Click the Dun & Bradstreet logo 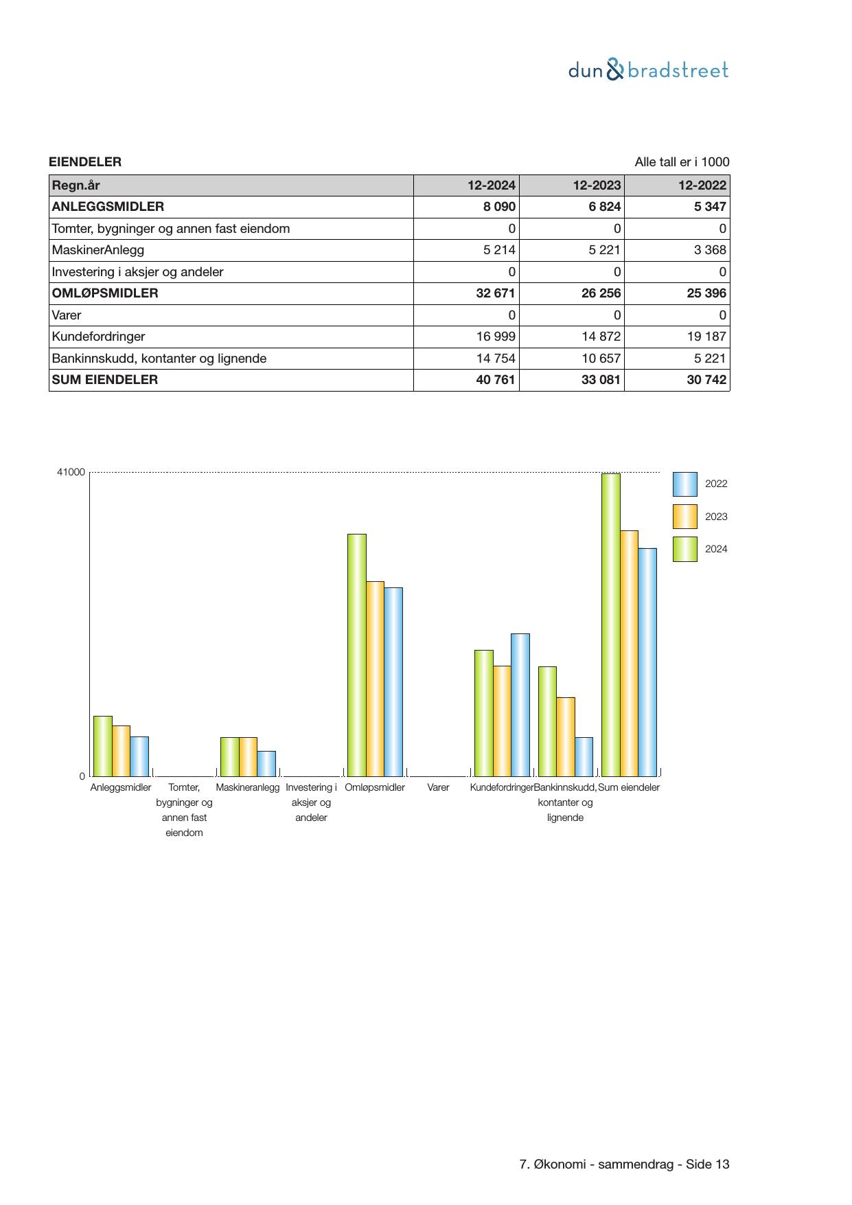point(648,70)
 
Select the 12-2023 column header point(597,185)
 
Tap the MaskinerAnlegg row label point(98,250)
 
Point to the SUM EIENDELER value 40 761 point(496,380)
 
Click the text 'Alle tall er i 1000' point(682,162)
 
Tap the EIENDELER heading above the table point(85,162)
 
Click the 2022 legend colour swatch point(684,484)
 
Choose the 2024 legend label point(716,549)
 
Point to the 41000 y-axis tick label point(71,473)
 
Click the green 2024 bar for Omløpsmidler point(356,655)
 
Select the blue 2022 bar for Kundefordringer point(520,705)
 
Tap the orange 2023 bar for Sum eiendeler point(629,653)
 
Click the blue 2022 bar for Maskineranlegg point(266,763)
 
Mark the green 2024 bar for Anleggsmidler point(102,746)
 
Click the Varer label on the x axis point(438,787)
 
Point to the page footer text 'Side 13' point(708,1164)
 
